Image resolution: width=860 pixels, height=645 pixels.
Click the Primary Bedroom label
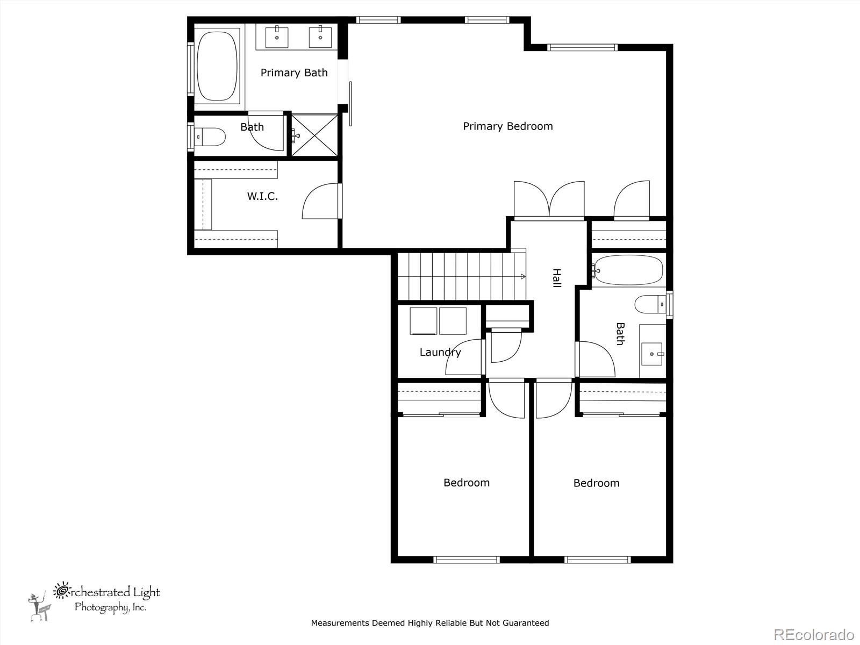coord(507,126)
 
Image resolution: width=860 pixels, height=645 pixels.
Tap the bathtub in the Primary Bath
coord(217,66)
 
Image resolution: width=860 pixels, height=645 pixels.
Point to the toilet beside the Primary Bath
coord(210,137)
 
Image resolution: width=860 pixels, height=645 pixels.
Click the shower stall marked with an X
coord(314,135)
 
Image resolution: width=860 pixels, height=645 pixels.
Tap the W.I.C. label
coord(262,196)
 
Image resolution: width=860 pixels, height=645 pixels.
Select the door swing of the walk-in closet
coord(321,202)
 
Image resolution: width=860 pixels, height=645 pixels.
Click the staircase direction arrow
coord(522,276)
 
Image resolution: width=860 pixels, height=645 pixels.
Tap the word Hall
coord(556,278)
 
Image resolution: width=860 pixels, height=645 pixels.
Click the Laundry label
coord(440,352)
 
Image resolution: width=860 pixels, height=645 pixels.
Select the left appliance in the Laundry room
coord(424,321)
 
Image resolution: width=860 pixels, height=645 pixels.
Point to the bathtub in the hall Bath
coord(628,270)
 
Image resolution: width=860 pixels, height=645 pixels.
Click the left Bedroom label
coord(466,483)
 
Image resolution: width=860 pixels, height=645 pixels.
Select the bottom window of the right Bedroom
coord(597,560)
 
